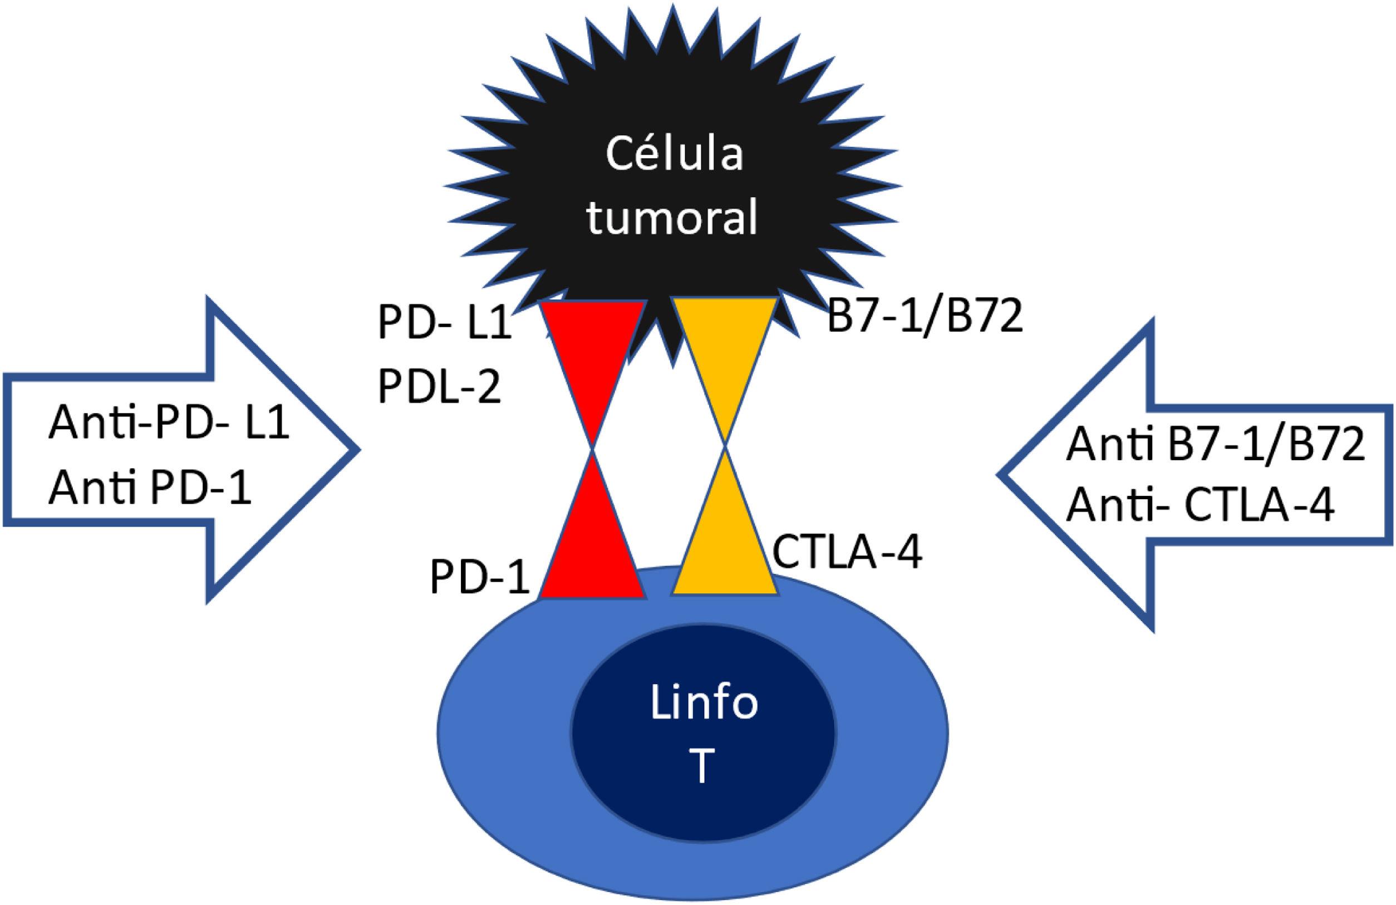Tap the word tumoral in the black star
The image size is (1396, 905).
point(673,218)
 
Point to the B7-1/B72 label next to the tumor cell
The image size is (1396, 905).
point(925,320)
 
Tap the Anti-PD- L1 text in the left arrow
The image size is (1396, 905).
point(168,424)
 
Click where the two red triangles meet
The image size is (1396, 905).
point(593,449)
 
